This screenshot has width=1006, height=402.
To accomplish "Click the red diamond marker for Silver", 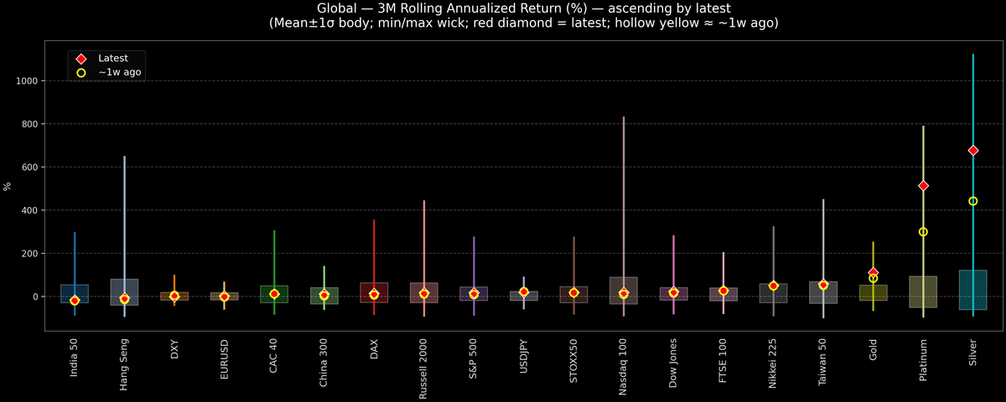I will [972, 151].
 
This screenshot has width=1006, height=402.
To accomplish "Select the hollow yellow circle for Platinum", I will [923, 232].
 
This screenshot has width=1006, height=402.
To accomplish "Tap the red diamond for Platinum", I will [923, 186].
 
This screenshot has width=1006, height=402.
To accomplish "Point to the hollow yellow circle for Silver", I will [972, 201].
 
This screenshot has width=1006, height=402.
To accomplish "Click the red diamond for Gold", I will [873, 273].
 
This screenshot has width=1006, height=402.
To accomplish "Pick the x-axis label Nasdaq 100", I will [623, 361].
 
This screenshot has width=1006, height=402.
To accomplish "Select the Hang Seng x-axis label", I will [124, 362].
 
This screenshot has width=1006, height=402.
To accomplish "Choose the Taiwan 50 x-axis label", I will [823, 360].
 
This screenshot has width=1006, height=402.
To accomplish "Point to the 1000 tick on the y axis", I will [29, 81].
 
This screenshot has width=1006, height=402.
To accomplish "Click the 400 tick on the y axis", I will [32, 210].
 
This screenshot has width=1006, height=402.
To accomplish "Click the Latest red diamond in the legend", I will [81, 59].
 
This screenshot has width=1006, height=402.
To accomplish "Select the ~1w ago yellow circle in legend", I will [81, 73].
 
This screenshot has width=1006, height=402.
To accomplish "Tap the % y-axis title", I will [8, 186].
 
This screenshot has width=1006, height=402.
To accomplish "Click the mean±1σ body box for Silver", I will [972, 290].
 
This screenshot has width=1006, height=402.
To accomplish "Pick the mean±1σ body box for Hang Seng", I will [124, 292].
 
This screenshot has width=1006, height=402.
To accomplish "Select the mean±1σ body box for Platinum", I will [923, 291].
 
